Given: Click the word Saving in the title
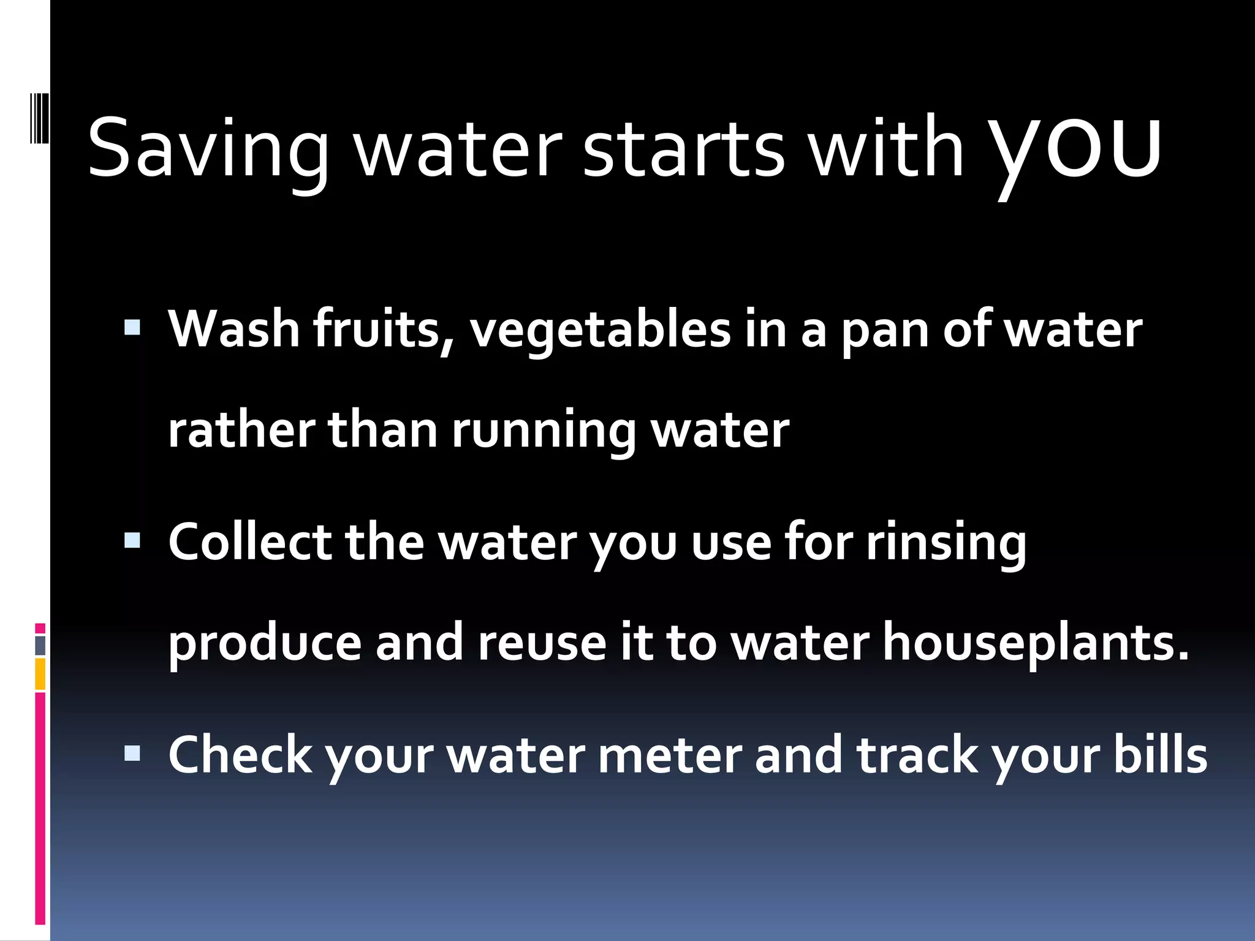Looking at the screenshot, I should (x=208, y=149).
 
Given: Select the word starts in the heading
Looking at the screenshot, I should (x=683, y=149).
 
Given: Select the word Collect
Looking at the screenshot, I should (x=250, y=542).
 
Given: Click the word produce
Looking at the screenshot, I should (x=265, y=643).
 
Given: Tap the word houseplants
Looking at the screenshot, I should (x=1035, y=643).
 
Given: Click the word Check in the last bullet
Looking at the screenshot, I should (x=240, y=755).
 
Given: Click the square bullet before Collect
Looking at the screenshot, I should (x=132, y=540).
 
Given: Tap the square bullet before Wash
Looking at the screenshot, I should (x=132, y=328).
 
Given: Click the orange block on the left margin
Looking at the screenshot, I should (x=40, y=674).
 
